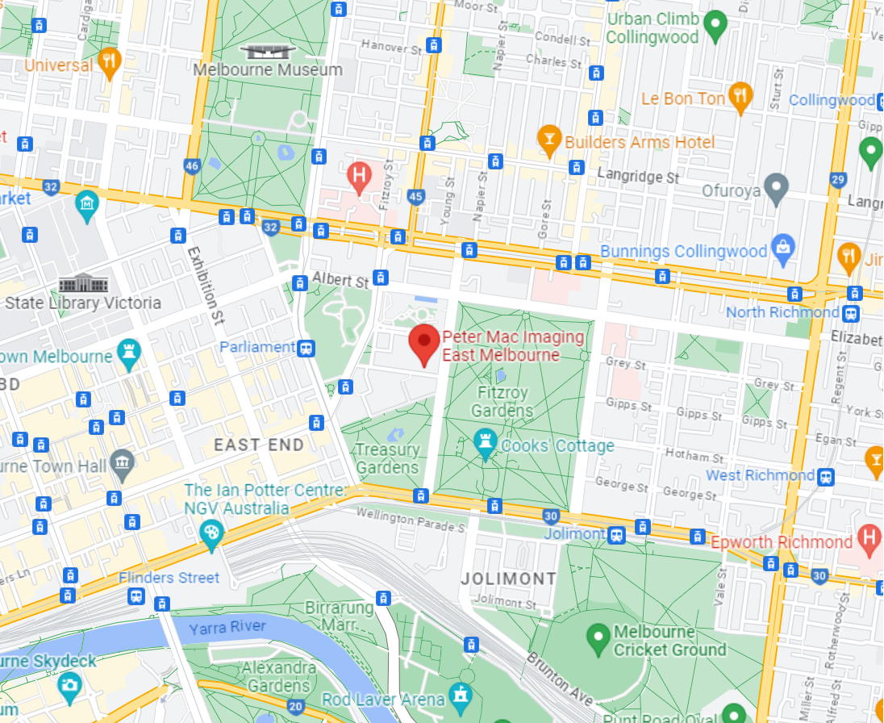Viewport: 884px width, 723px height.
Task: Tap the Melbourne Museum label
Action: [268, 70]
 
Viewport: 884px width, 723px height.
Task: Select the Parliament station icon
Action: [306, 348]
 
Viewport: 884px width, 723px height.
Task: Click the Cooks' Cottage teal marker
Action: [486, 445]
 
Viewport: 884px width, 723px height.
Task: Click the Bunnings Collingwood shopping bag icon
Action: [782, 250]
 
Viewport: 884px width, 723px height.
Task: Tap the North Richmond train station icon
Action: [853, 312]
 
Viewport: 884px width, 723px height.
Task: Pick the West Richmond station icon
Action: [827, 476]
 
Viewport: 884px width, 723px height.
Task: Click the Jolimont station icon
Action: [616, 534]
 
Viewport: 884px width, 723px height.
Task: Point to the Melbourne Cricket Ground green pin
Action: [598, 638]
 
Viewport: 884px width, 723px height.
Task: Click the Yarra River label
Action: [227, 627]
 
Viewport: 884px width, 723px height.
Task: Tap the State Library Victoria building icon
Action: [82, 283]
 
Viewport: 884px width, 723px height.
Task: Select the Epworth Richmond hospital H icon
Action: [869, 538]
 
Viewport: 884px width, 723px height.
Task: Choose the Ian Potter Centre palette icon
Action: [211, 533]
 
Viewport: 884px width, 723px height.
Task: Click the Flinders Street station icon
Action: [136, 596]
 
